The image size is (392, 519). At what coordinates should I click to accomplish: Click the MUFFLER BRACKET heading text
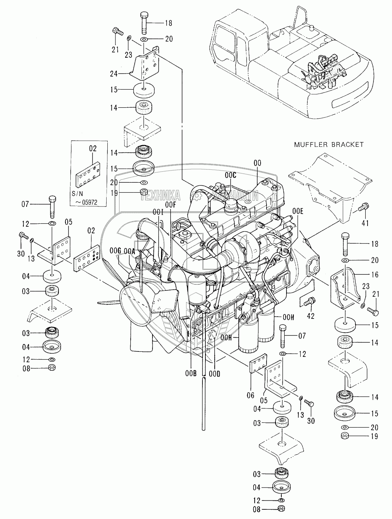point(329,145)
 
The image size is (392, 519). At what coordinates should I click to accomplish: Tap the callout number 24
point(114,74)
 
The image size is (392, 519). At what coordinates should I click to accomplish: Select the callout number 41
point(365,223)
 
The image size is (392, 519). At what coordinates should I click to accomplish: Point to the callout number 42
point(311,316)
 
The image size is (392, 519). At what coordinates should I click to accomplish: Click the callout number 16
point(375,275)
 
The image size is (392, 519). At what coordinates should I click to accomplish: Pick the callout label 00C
point(230,175)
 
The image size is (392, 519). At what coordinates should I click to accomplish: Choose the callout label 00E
point(298,211)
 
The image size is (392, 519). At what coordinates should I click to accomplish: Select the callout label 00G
point(115,250)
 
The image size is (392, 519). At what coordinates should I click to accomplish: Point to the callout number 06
point(251,395)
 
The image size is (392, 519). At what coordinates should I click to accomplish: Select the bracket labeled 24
point(145,64)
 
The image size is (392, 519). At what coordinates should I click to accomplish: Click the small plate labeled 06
point(258,363)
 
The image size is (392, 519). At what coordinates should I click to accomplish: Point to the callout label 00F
point(171,205)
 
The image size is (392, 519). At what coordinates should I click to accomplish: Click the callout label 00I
point(158,212)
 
